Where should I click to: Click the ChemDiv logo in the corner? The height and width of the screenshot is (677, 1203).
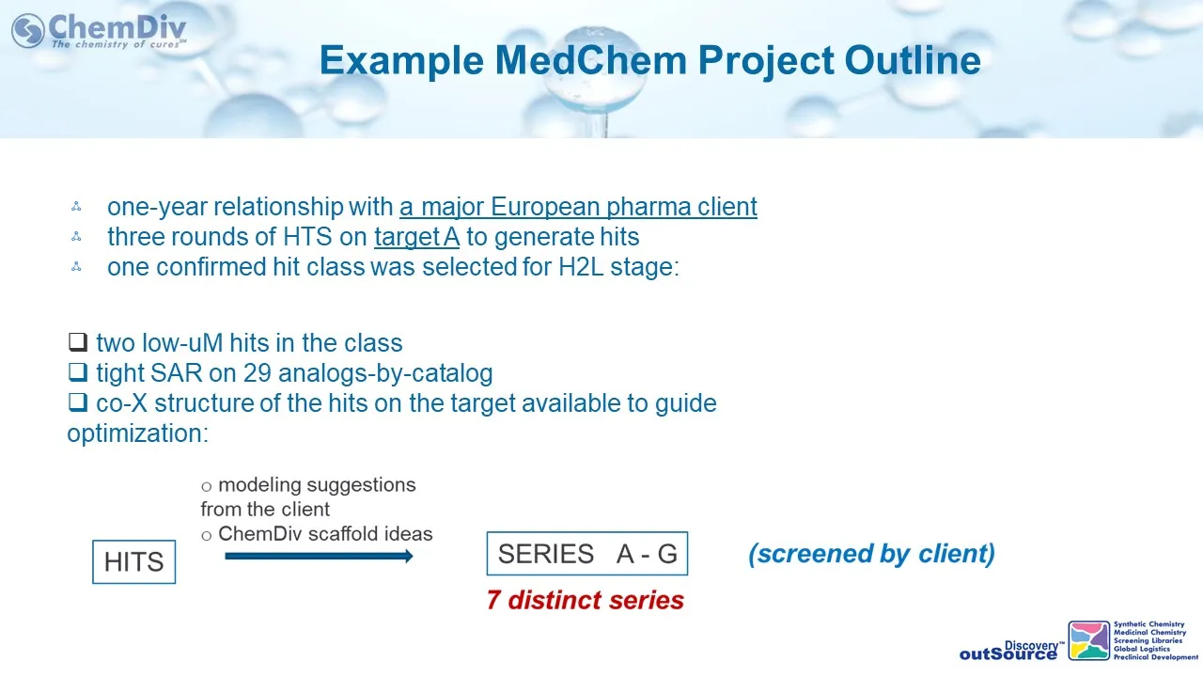click(x=100, y=31)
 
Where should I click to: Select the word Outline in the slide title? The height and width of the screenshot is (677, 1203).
click(x=913, y=60)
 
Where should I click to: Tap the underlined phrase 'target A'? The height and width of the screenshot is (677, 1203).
click(x=416, y=237)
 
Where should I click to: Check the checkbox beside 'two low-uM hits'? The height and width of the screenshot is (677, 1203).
click(x=78, y=341)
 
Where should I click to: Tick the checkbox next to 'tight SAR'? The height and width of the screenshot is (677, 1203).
click(x=78, y=371)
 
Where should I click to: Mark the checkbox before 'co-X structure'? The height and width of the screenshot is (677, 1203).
click(x=78, y=401)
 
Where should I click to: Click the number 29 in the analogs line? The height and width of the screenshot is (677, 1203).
click(x=258, y=373)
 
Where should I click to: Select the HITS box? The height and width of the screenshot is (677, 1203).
click(x=133, y=562)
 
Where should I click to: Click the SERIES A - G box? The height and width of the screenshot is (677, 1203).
click(x=587, y=554)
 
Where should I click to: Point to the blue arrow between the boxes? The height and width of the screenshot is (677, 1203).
click(x=319, y=556)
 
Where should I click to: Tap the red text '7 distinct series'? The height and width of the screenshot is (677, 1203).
click(x=586, y=600)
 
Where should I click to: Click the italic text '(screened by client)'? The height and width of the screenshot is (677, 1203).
click(x=871, y=554)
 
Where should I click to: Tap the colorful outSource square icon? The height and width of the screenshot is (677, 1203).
click(x=1088, y=640)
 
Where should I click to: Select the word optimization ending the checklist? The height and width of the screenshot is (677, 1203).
click(x=137, y=433)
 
